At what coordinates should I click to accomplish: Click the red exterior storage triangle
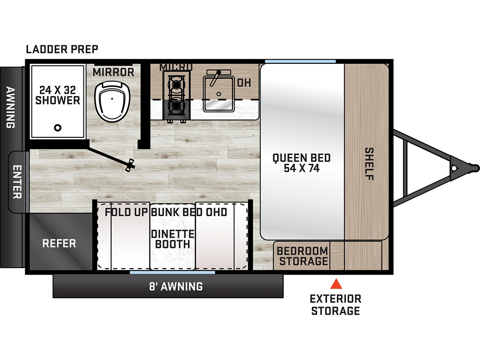(x=336, y=284)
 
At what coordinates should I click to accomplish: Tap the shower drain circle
(x=58, y=127)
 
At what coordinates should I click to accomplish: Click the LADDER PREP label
(x=62, y=49)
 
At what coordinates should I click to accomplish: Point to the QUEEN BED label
(x=301, y=158)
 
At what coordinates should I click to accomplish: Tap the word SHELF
(x=369, y=164)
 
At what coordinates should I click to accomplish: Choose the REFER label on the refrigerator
(x=59, y=243)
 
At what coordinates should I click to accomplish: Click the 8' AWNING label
(x=176, y=286)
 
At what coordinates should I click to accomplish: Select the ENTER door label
(x=17, y=182)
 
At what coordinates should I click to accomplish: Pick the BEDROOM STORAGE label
(x=302, y=256)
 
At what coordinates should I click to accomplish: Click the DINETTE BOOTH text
(x=172, y=239)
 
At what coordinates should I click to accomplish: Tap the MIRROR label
(x=113, y=72)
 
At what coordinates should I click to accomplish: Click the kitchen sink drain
(x=218, y=94)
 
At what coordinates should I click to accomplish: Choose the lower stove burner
(x=176, y=106)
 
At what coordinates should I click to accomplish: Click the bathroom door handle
(x=131, y=165)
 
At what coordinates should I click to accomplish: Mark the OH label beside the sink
(x=244, y=82)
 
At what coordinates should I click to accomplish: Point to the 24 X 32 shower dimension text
(x=58, y=90)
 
